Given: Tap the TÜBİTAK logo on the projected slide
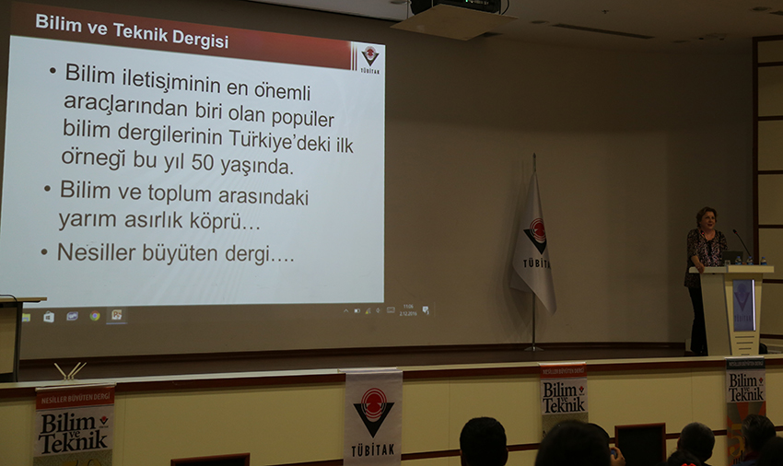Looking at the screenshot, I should [x=369, y=58].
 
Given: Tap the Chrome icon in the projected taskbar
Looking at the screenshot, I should [x=94, y=316].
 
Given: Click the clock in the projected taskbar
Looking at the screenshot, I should [x=407, y=309].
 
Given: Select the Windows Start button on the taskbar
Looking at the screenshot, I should [x=26, y=317].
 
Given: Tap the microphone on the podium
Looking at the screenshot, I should [x=742, y=243].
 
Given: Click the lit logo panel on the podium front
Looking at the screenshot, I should [x=742, y=303].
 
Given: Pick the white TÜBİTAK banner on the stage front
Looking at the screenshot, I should [x=372, y=416].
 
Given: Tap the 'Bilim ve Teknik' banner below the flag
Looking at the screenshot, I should [x=563, y=393].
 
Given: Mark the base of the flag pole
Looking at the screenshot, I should [x=533, y=348].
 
